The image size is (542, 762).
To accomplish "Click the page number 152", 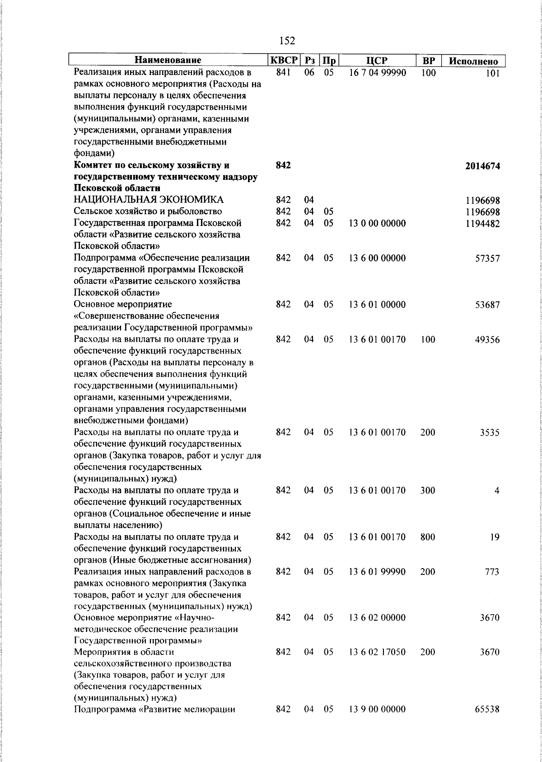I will [287, 41].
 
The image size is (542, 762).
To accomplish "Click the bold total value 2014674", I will [482, 166].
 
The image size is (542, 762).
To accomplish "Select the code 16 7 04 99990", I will [377, 72].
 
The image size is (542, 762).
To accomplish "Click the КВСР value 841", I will [283, 72].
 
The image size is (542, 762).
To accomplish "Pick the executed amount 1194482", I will [483, 223].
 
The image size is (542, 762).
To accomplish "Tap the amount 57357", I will [487, 259].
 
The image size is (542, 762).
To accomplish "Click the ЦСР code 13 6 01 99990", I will [377, 572].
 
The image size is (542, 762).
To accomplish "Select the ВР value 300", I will [427, 490].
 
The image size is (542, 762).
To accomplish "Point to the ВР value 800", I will [427, 537].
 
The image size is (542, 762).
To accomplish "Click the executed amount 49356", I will [487, 340].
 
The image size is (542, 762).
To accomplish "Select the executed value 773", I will [491, 572].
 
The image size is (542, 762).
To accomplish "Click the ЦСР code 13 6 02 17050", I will [377, 652].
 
